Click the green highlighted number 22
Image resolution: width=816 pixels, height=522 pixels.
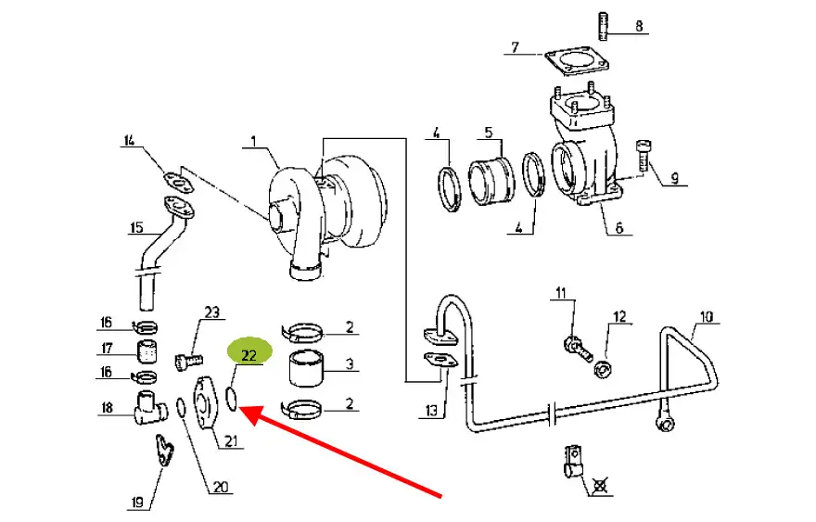[x=249, y=355]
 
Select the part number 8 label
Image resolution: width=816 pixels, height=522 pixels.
[x=639, y=26]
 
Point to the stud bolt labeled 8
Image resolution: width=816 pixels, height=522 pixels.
[x=603, y=26]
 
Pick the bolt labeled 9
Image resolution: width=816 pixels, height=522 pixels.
[x=644, y=156]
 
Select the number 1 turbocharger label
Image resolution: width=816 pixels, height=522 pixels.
[x=253, y=141]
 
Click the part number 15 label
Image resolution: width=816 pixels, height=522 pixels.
[x=136, y=227]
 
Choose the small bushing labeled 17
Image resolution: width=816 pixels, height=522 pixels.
[x=147, y=351]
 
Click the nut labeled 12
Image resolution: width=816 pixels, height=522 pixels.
[x=603, y=370]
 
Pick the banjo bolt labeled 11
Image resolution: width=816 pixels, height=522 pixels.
[x=577, y=349]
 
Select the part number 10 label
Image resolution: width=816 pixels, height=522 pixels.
[x=707, y=316]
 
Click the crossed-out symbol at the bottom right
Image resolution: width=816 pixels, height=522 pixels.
[x=600, y=486]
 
